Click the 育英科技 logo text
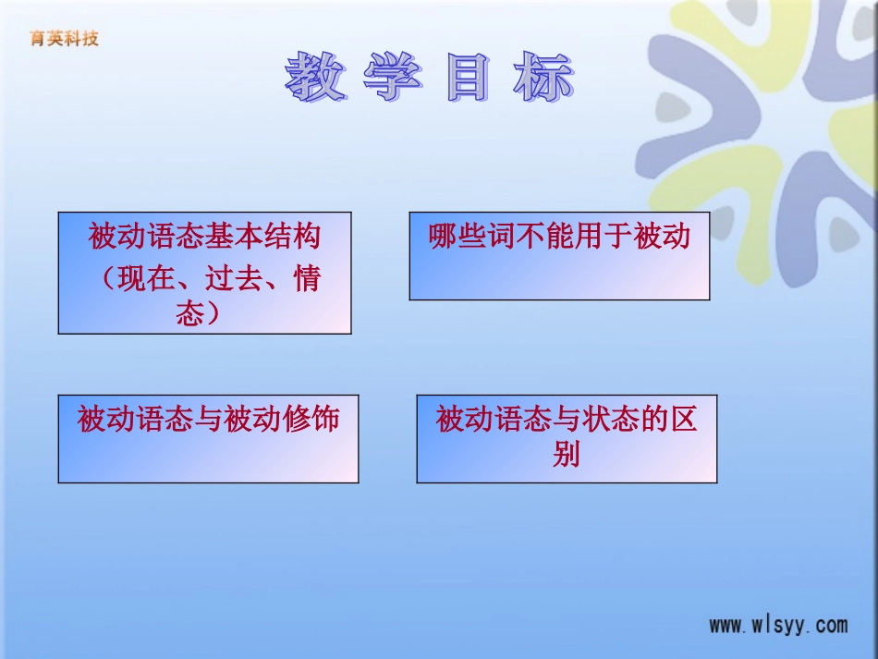pyautogui.click(x=64, y=38)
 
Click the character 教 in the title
pyautogui.click(x=315, y=76)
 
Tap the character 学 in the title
pyautogui.click(x=392, y=76)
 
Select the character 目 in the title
pyautogui.click(x=468, y=76)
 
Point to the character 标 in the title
pyautogui.click(x=543, y=76)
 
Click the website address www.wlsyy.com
pyautogui.click(x=778, y=625)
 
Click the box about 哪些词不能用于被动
pyautogui.click(x=559, y=256)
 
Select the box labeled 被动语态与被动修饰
pyautogui.click(x=208, y=438)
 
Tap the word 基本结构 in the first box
pyautogui.click(x=263, y=236)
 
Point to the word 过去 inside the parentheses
pyautogui.click(x=234, y=277)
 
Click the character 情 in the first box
pyautogui.click(x=307, y=277)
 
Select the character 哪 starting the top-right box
pyautogui.click(x=443, y=236)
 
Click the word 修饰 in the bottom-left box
pyautogui.click(x=311, y=419)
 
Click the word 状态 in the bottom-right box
pyautogui.click(x=610, y=419)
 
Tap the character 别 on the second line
pyautogui.click(x=567, y=454)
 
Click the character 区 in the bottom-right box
pyautogui.click(x=683, y=419)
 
